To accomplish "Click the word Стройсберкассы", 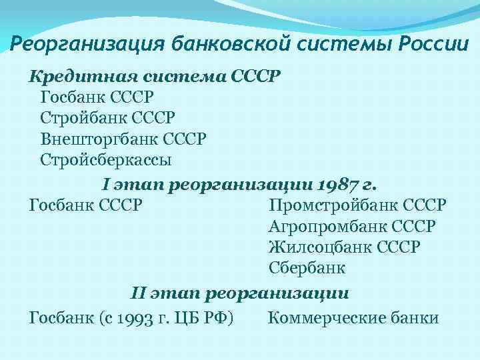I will [x=106, y=161].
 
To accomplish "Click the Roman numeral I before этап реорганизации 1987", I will [x=105, y=183].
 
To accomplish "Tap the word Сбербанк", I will [x=307, y=269].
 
